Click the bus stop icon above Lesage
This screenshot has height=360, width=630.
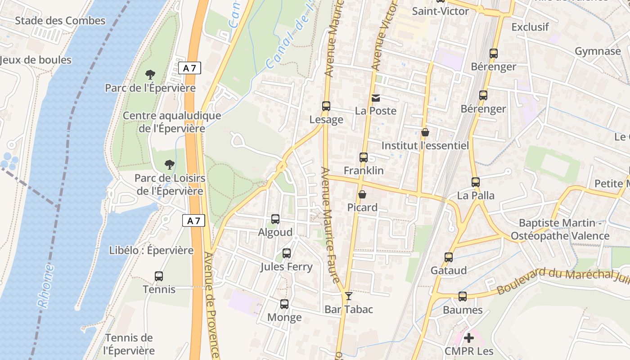(326, 106)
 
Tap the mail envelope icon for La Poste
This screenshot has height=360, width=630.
(375, 98)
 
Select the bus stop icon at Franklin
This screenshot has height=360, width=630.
(364, 157)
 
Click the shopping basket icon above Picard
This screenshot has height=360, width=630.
(362, 194)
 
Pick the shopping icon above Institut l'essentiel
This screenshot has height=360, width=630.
(425, 132)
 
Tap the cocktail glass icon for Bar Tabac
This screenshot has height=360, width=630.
(348, 296)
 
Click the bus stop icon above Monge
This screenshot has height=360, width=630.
(284, 304)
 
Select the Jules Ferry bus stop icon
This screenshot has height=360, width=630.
(287, 253)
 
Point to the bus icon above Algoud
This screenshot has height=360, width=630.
(275, 219)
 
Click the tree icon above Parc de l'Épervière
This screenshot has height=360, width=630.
(150, 75)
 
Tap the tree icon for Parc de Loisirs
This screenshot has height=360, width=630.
(170, 165)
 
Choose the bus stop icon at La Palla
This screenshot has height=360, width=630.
(476, 182)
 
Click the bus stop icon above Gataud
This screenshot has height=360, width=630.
(449, 257)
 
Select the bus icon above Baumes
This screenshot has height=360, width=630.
(463, 297)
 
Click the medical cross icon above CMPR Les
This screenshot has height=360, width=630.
(469, 337)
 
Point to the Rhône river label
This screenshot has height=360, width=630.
(46, 286)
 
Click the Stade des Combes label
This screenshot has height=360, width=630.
(60, 21)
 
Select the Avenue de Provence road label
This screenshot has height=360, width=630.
(211, 306)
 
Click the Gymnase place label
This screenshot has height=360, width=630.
(598, 51)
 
